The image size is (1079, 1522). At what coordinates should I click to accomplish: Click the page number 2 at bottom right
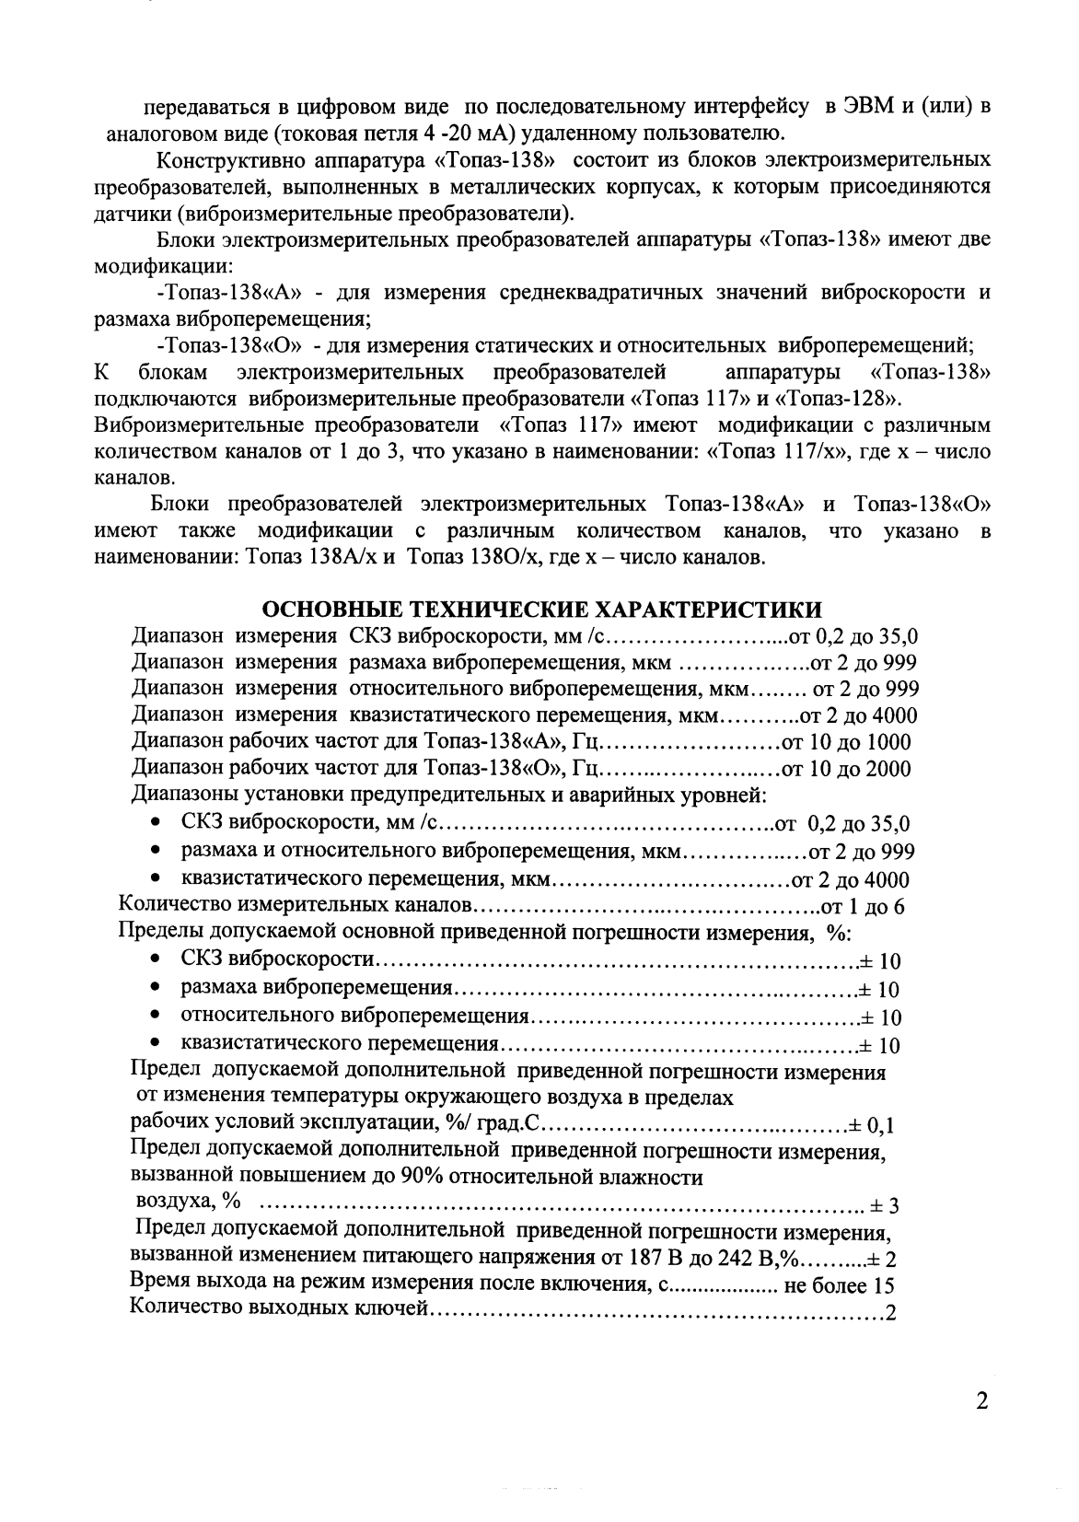[981, 1403]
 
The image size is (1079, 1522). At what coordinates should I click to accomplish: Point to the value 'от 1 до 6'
[862, 907]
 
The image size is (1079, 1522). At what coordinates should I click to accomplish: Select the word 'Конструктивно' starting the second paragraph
[214, 161]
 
